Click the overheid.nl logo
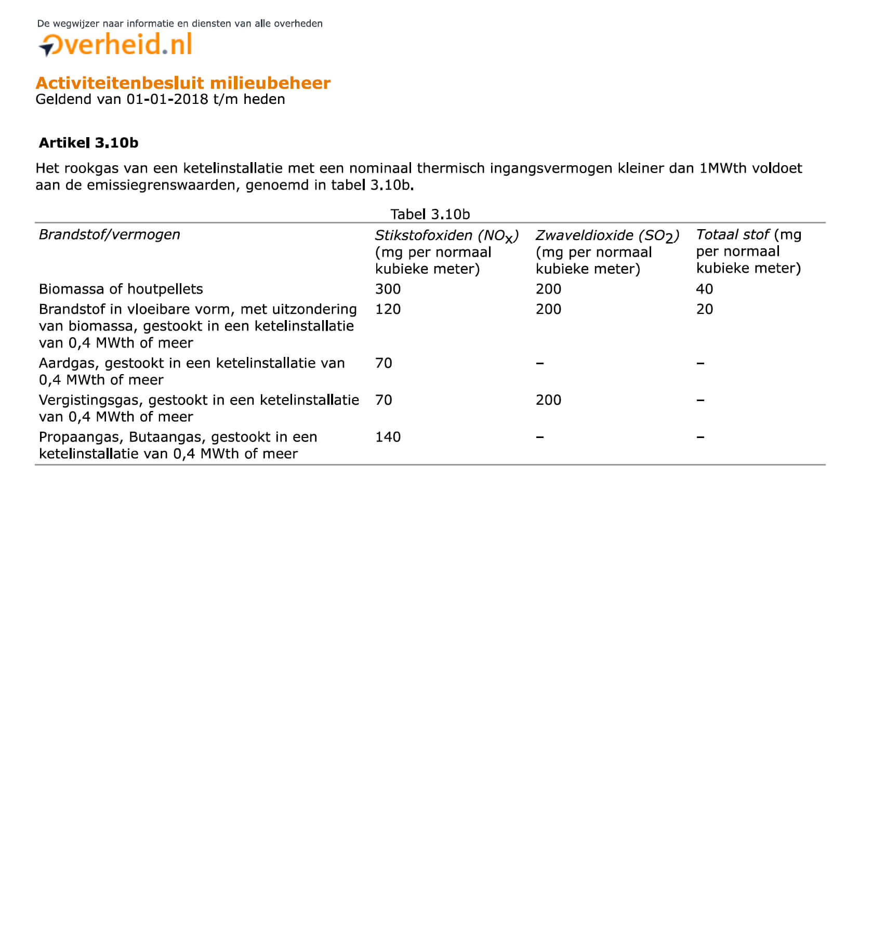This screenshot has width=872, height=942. [x=116, y=45]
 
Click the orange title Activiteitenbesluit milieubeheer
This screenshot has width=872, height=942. [x=183, y=83]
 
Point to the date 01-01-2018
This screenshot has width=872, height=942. [x=167, y=99]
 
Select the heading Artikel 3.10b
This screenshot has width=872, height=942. [x=88, y=143]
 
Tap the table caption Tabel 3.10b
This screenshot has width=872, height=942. [x=430, y=214]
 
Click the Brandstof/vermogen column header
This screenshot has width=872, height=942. [x=109, y=235]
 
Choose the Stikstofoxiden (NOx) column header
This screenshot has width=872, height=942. [x=446, y=236]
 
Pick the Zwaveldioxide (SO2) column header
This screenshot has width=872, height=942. [x=607, y=236]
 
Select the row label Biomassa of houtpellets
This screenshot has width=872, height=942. [x=121, y=289]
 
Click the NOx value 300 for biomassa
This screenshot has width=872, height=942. [x=388, y=289]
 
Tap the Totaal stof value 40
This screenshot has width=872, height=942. [x=704, y=289]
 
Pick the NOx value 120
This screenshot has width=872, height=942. [x=388, y=309]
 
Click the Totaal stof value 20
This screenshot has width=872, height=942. [x=704, y=309]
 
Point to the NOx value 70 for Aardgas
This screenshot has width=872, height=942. [x=384, y=363]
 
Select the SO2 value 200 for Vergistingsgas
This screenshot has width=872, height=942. [x=548, y=400]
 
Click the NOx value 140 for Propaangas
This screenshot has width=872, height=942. [x=388, y=437]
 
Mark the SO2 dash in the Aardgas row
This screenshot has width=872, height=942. [x=540, y=363]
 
